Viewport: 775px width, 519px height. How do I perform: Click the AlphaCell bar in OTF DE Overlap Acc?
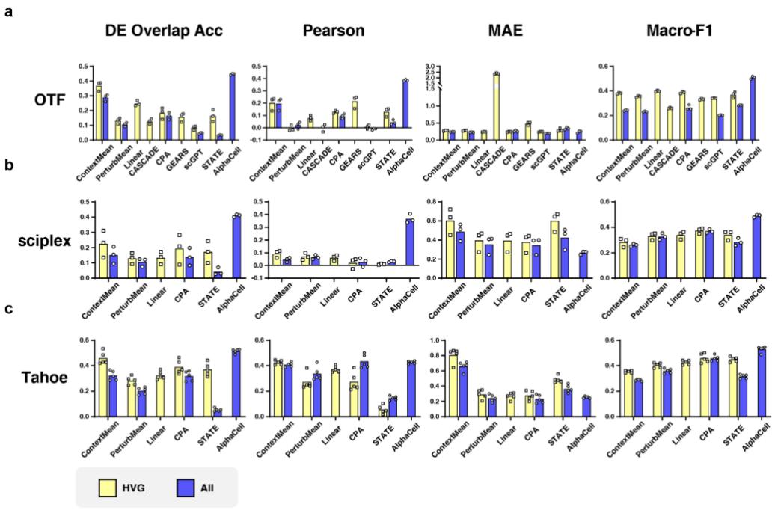click(233, 106)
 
